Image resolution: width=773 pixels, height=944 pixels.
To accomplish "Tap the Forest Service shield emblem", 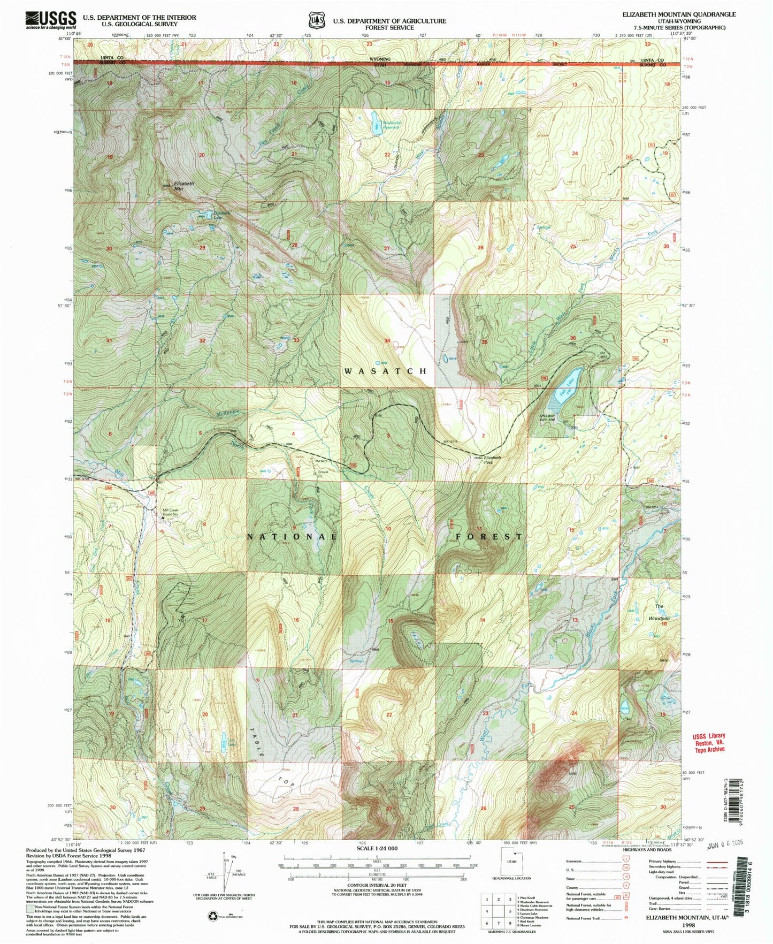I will [x=317, y=20].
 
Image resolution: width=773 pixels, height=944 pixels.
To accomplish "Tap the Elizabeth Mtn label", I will [x=183, y=186].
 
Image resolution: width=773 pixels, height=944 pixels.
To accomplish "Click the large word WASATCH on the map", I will [x=385, y=371].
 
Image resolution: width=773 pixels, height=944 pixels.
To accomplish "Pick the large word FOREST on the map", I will [x=489, y=536].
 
